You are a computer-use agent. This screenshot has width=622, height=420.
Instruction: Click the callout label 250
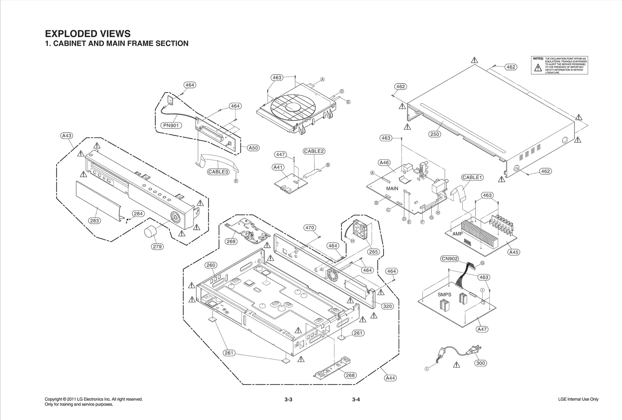pos(435,134)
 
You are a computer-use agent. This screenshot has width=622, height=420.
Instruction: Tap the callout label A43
pos(67,136)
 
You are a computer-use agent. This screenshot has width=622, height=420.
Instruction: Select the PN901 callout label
pos(171,125)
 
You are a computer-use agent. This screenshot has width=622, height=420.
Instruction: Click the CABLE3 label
pos(218,172)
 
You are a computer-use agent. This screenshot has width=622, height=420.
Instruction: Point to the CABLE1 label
pos(472,177)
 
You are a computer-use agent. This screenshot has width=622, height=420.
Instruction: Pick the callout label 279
pos(157,247)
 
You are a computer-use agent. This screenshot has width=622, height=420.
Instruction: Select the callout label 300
pos(481,363)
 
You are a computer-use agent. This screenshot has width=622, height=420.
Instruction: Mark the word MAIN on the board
pos(392,189)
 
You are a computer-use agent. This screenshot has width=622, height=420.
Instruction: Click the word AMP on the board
pos(458,234)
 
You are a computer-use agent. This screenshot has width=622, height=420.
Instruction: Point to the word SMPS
pos(444,295)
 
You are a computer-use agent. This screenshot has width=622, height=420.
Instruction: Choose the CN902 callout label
pos(450,259)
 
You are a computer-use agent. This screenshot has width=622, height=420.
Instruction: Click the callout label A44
pos(390,378)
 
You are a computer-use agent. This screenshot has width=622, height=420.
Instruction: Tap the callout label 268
pos(350,375)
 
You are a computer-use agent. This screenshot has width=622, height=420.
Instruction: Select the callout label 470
pos(309,228)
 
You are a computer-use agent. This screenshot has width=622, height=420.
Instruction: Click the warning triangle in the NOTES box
pos(538,68)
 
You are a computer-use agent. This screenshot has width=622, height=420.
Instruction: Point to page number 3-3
pos(288,399)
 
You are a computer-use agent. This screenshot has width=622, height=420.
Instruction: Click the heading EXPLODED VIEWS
pos(88,34)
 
